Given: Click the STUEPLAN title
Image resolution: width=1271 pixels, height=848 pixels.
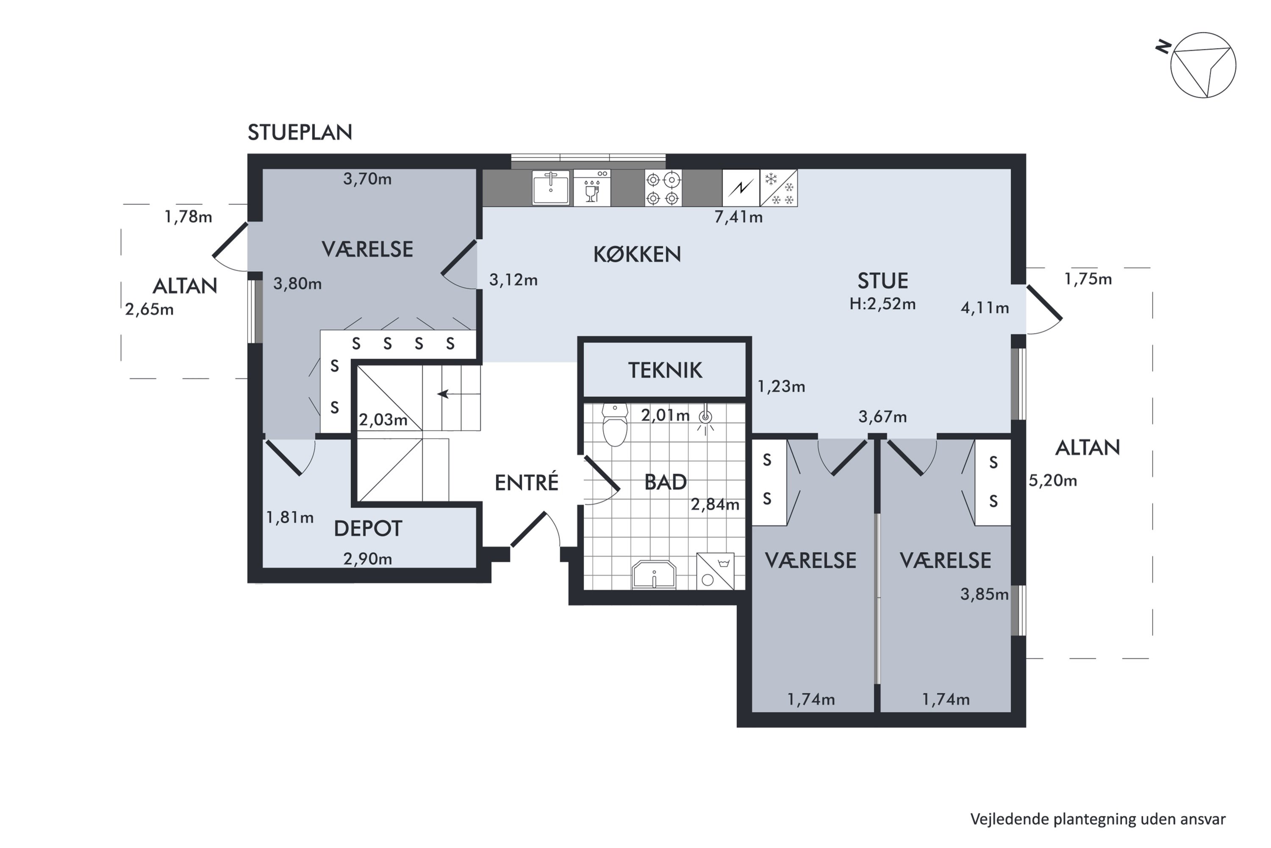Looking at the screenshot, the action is tap(300, 132).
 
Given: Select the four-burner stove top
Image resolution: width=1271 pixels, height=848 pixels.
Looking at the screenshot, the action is tap(663, 188).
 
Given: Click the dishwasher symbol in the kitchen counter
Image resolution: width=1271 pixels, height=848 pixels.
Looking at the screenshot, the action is tap(592, 188).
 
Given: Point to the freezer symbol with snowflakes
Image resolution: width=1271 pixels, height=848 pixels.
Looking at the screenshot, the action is tap(779, 188).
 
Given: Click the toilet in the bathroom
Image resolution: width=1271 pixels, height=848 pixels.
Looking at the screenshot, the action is tap(615, 424).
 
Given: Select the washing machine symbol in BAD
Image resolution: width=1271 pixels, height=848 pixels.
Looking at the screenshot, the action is tap(715, 571).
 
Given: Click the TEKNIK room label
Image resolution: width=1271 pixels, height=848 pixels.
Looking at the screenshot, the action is tap(665, 371).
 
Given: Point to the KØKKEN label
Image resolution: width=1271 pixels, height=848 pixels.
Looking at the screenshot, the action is tap(637, 254).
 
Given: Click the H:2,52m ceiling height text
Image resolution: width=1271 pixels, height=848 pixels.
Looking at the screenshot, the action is tap(882, 304).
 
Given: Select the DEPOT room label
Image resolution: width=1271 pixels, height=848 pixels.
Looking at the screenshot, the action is tap(368, 529).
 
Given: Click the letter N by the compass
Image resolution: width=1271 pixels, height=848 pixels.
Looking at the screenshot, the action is tap(1163, 47).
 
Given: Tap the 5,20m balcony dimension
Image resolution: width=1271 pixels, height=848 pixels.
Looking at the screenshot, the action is tap(1053, 481).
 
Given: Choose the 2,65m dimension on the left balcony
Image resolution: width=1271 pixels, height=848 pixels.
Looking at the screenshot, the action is tap(149, 310).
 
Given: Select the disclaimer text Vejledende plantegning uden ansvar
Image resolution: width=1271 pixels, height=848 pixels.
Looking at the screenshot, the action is tap(1098, 819).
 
